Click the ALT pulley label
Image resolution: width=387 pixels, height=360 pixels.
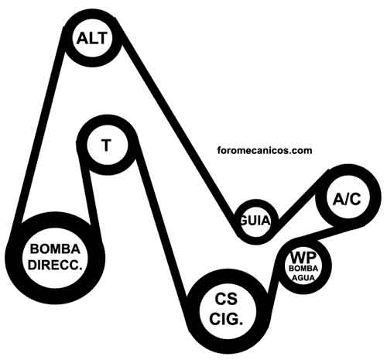pos(91,38)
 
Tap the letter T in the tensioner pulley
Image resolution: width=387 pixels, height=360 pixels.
pos(106,145)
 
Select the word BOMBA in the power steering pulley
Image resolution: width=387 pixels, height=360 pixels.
pos(55,249)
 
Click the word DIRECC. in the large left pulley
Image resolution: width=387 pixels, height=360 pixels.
pos(55,265)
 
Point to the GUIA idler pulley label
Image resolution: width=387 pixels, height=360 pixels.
pos(255,221)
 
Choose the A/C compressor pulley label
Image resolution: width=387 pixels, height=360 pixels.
pos(347,199)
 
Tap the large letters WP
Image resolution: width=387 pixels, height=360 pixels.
pos(303,257)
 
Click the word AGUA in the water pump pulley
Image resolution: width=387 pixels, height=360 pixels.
pos(303,278)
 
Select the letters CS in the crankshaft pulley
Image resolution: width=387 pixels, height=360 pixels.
pos(226,299)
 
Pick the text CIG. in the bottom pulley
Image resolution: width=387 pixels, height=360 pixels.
pos(226,319)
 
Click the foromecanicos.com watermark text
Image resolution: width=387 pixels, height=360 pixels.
pos(265,150)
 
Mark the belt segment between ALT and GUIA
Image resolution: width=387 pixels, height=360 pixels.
pos(178,129)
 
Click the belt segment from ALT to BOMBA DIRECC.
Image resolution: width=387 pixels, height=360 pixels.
pos(41,126)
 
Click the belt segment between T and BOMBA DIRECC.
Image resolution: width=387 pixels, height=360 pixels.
pos(87,191)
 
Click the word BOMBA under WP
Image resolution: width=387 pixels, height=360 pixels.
pos(303,269)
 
